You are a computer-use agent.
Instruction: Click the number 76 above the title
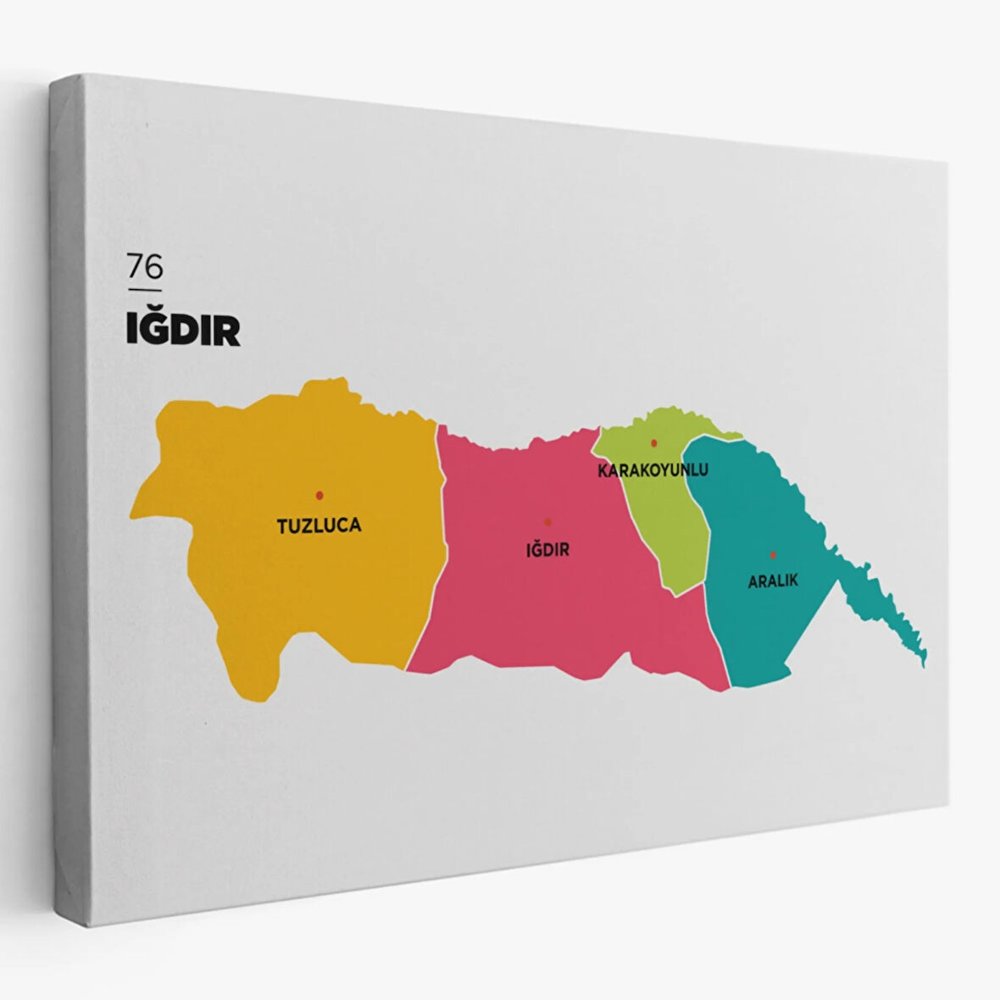(145, 267)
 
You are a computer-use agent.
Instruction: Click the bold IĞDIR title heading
(183, 331)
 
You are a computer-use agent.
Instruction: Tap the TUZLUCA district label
(319, 525)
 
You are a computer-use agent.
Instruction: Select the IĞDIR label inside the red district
(547, 550)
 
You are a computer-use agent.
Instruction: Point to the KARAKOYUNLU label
(653, 469)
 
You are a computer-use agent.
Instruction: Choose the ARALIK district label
(773, 581)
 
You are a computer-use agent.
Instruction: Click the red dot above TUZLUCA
(319, 495)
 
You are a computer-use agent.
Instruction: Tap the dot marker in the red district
(547, 522)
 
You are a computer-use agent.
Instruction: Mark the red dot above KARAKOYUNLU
(653, 442)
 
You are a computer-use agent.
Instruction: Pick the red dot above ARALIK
(773, 555)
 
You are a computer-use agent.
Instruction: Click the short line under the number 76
(144, 290)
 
